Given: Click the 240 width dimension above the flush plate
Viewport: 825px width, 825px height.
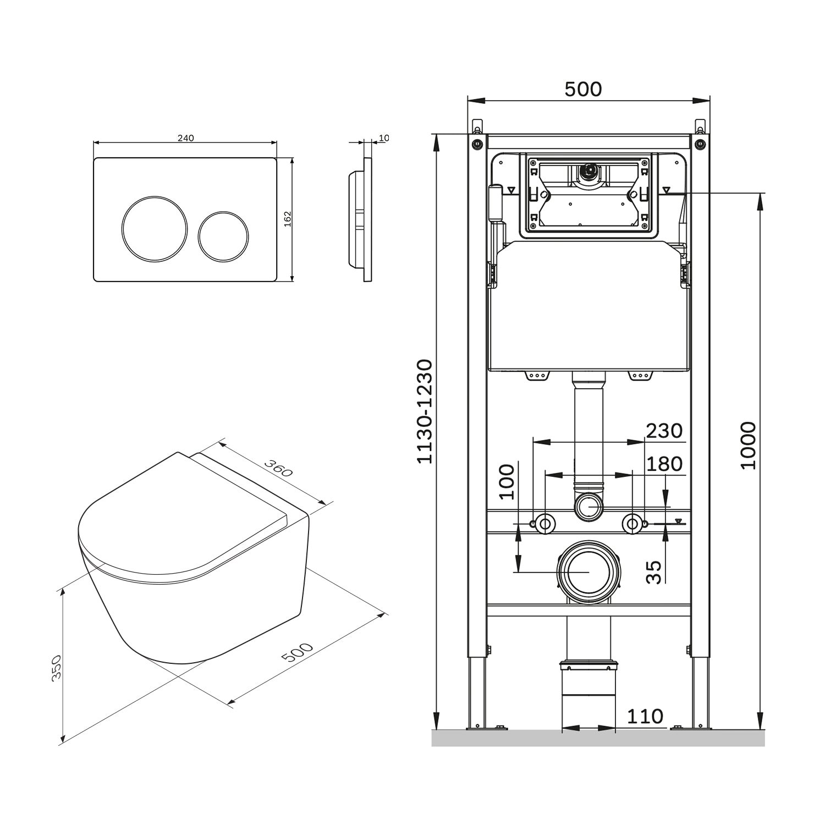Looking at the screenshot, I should [x=185, y=138].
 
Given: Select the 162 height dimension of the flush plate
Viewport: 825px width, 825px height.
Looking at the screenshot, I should [x=287, y=219].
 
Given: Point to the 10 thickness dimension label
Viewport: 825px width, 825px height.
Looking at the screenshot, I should [x=383, y=137].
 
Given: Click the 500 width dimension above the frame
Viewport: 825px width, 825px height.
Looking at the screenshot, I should [x=583, y=90].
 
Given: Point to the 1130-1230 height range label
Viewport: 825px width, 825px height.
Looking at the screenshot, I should [x=425, y=411].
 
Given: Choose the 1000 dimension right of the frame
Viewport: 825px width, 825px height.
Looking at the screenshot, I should [x=748, y=446].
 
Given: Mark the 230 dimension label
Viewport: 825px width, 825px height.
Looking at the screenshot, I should [x=664, y=431].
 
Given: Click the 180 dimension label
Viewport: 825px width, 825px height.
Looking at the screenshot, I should [x=664, y=464].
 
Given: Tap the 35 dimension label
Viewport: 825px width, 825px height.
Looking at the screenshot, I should [x=653, y=572].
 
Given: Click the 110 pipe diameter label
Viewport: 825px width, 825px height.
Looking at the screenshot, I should [x=645, y=716].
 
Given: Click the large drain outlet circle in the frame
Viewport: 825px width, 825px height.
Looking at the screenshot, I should [x=588, y=572].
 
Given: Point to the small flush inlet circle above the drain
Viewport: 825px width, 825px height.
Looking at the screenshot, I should [x=588, y=507].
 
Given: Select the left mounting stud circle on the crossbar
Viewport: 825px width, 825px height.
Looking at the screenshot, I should [x=544, y=524].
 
